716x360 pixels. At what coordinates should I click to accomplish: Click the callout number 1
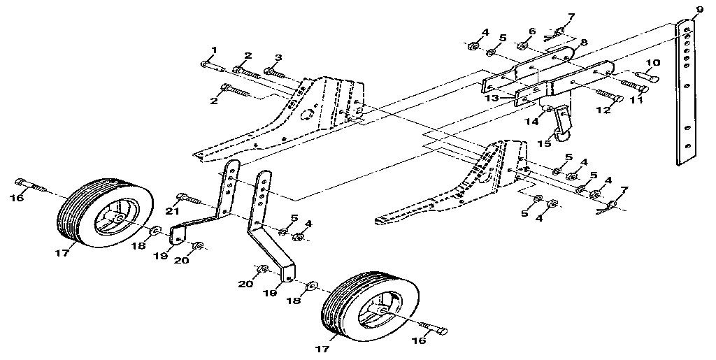[x=215, y=49]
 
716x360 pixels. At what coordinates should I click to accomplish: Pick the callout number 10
[x=652, y=64]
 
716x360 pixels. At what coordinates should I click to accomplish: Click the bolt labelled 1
[x=210, y=66]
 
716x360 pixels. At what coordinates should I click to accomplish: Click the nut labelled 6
[x=522, y=46]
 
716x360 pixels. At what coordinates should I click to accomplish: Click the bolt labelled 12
[x=611, y=96]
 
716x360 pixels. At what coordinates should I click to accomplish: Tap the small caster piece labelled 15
[x=562, y=135]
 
